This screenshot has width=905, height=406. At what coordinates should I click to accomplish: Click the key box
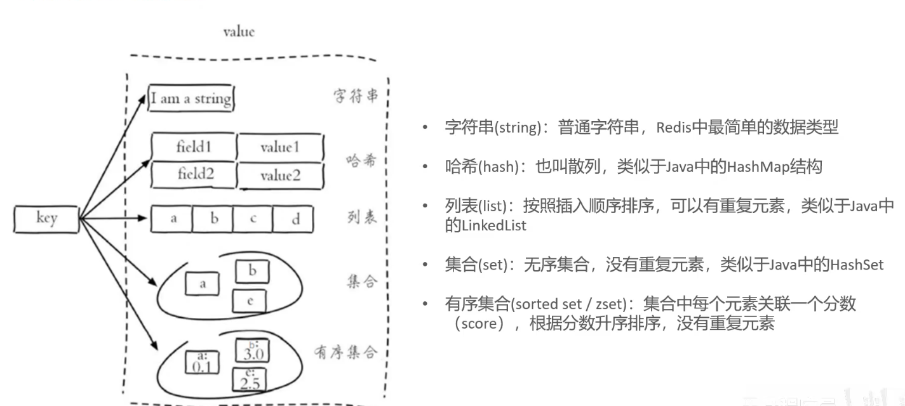[x=46, y=219]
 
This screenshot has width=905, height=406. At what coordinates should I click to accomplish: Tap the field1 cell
[x=194, y=147]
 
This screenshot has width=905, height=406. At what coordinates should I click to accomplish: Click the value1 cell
[x=279, y=147]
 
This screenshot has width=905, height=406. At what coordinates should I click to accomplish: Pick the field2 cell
[x=194, y=174]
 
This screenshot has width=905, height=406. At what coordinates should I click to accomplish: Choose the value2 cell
[x=280, y=176]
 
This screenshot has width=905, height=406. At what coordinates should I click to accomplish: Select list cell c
[x=253, y=219]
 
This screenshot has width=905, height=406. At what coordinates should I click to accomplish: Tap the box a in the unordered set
[x=203, y=284]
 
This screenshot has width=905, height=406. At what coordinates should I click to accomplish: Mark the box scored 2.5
[x=249, y=380]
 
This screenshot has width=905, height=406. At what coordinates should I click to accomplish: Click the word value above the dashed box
[x=239, y=32]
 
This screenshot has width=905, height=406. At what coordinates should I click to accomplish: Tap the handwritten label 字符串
[x=356, y=96]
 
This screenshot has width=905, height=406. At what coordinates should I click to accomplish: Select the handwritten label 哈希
[x=361, y=159]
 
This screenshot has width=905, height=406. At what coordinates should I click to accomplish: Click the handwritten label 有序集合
[x=345, y=351]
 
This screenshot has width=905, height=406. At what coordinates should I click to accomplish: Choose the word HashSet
[x=857, y=265]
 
